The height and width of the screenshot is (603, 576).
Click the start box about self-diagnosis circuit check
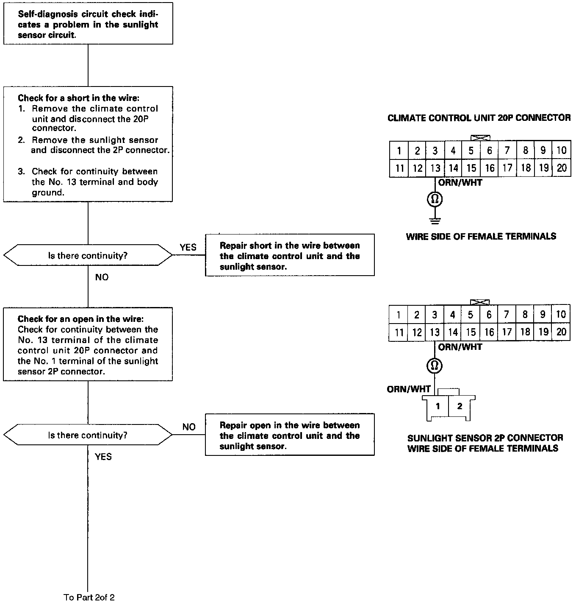click(88, 24)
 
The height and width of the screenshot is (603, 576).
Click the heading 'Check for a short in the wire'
click(78, 98)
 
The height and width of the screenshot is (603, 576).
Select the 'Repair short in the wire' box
click(290, 256)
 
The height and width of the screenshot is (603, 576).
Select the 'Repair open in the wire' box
click(290, 435)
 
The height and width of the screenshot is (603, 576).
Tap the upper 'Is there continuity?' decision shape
click(88, 255)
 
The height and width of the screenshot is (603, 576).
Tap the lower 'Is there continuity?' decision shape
click(88, 435)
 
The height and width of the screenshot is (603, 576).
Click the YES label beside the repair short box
click(188, 247)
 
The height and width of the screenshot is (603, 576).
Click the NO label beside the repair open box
click(189, 427)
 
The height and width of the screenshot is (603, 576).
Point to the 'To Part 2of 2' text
click(89, 597)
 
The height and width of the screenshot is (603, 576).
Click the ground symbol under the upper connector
click(435, 221)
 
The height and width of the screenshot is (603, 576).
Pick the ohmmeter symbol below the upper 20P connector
click(435, 199)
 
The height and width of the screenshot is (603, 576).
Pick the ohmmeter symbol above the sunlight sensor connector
click(435, 366)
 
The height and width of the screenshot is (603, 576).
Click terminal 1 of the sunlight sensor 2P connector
click(438, 406)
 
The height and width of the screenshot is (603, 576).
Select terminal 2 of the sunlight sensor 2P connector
click(460, 406)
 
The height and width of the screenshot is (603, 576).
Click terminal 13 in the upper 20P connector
click(435, 168)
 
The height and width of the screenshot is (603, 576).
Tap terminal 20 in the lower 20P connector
click(561, 332)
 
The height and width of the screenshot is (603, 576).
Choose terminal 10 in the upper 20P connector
click(561, 150)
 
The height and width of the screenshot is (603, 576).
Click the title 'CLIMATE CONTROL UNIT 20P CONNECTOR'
click(479, 118)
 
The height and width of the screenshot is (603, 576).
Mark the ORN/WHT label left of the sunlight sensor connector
click(408, 389)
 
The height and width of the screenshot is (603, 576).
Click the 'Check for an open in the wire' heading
click(80, 319)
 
